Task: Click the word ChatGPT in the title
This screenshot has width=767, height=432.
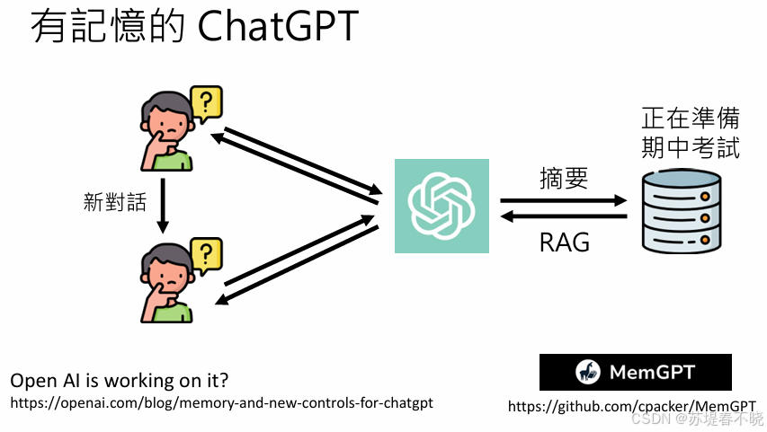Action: [x=277, y=27]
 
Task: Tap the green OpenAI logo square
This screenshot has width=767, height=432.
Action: [x=441, y=206]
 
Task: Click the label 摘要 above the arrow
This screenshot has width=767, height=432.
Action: [x=564, y=178]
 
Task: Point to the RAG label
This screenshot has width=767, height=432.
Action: [x=565, y=242]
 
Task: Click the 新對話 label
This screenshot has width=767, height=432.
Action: [x=114, y=202]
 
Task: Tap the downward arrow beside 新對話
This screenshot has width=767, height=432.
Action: [x=163, y=203]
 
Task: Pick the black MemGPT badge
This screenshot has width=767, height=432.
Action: [x=635, y=372]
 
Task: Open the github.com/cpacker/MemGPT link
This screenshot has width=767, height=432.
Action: [x=631, y=406]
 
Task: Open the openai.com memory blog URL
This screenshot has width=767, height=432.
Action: [x=221, y=402]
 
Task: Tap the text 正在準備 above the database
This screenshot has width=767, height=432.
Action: [x=691, y=119]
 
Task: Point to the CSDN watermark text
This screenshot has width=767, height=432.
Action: [x=697, y=419]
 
